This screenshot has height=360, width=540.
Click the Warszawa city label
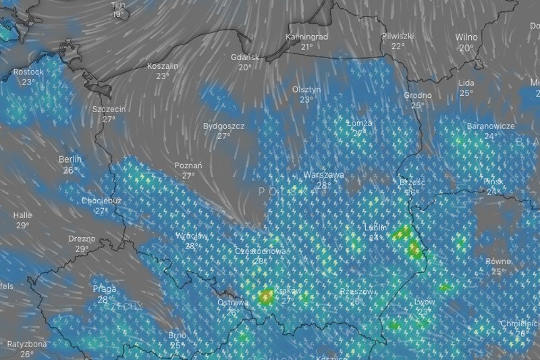pos(323,174)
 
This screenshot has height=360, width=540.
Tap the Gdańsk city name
pos(244,57)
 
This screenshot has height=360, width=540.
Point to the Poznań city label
pos(188,165)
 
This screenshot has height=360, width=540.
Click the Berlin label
pos(70,159)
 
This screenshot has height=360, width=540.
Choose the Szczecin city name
pos(109,109)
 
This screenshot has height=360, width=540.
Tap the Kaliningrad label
pos(306,36)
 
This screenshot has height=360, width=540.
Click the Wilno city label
pos(466,37)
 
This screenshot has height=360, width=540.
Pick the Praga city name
pos(104,289)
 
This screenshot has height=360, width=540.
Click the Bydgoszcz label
pos(223,126)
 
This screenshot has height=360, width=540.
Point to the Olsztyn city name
pos(306,89)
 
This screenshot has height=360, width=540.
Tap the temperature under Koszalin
pos(162,76)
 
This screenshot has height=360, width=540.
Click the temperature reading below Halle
pos(23,226)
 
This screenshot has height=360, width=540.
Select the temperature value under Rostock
pos(28,82)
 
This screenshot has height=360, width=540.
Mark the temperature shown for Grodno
pos(418,105)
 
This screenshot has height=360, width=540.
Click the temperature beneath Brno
pos(177,345)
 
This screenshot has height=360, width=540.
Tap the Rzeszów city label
pos(356,292)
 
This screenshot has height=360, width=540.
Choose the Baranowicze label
pos(491,126)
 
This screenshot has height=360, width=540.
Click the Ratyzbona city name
pos(27,343)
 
